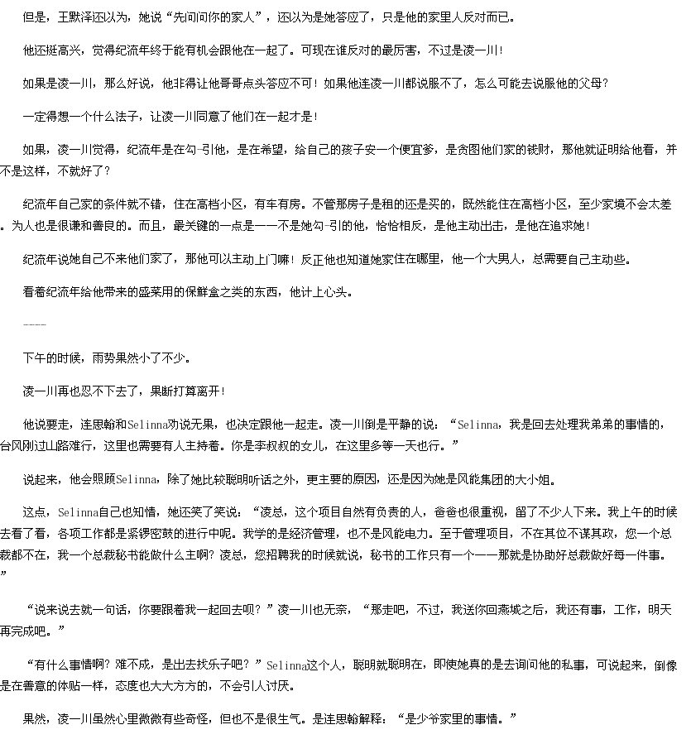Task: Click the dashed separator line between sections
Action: pos(35,325)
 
